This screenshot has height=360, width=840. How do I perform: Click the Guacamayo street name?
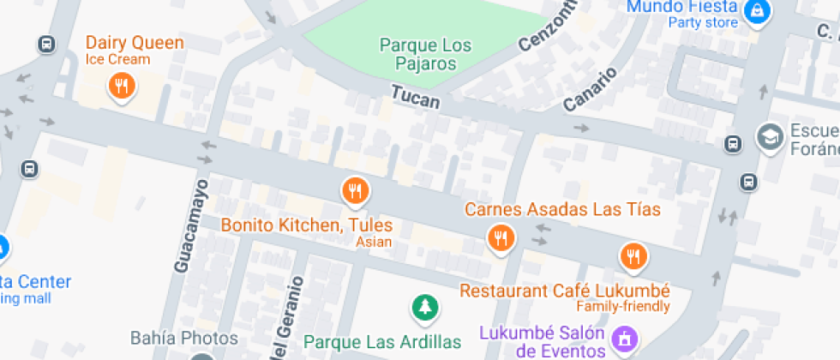pos(190,225)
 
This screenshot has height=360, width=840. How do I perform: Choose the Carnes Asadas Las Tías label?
pos(562,209)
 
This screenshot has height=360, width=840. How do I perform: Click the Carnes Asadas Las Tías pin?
pos(501,237)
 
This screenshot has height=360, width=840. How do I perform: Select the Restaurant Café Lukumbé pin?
pos(633,255)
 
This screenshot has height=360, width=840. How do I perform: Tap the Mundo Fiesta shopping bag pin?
pos(758,11)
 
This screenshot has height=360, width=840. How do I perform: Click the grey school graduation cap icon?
pos(770,135)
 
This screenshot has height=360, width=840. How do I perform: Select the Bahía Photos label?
pos(171,337)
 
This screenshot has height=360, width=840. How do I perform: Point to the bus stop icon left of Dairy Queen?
pos(46,44)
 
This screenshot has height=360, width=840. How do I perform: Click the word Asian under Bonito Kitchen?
pos(374,243)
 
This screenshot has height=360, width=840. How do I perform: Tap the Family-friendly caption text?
pos(622,306)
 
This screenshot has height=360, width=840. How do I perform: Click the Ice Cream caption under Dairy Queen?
pos(117,59)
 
